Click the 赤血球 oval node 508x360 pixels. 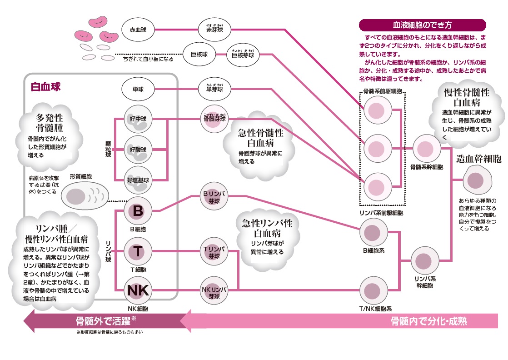(139, 30)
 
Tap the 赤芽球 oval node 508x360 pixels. (214, 30)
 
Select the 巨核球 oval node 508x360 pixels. (199, 55)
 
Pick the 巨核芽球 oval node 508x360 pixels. (243, 55)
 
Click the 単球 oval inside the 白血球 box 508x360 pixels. (139, 89)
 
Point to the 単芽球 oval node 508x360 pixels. (214, 89)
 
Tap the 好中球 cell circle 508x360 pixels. (139, 119)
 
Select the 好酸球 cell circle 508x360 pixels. (139, 149)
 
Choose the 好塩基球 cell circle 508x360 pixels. (139, 179)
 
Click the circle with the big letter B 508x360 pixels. (139, 211)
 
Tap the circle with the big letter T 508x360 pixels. (139, 251)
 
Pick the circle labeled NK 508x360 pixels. (139, 290)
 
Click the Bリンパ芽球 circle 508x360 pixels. (214, 197)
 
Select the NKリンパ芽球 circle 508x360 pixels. (214, 290)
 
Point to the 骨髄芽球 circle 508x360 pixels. (214, 119)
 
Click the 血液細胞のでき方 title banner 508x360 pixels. (422, 25)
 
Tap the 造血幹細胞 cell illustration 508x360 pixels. (477, 180)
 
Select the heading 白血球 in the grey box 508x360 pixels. (45, 86)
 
